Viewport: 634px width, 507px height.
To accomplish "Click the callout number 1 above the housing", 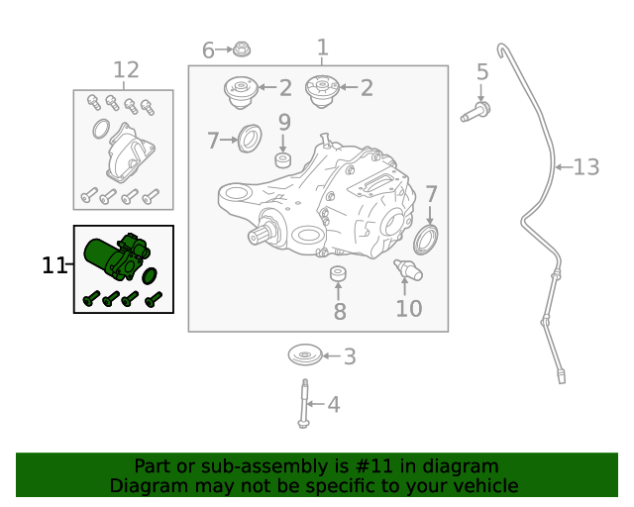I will click(322, 47).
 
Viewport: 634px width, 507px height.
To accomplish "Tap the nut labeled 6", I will click(243, 49).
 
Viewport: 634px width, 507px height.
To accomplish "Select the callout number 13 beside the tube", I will click(586, 167).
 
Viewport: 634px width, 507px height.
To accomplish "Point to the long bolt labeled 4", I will click(304, 405).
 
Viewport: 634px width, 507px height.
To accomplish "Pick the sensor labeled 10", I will click(407, 269).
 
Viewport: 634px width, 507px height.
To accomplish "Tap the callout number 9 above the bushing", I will click(283, 123).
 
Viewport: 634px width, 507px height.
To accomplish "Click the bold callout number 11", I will click(54, 264).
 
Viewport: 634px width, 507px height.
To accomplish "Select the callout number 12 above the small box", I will click(126, 70).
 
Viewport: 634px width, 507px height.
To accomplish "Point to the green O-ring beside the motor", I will click(151, 273).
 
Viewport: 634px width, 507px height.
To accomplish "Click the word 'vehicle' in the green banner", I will click(482, 486).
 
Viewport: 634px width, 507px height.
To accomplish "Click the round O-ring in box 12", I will click(100, 129).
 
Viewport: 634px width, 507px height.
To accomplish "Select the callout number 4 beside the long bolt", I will click(333, 404).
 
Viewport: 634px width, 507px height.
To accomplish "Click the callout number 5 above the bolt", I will click(482, 72).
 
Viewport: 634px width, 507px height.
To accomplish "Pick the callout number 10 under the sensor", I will click(408, 309).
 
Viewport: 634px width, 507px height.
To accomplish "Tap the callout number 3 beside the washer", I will click(349, 356).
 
